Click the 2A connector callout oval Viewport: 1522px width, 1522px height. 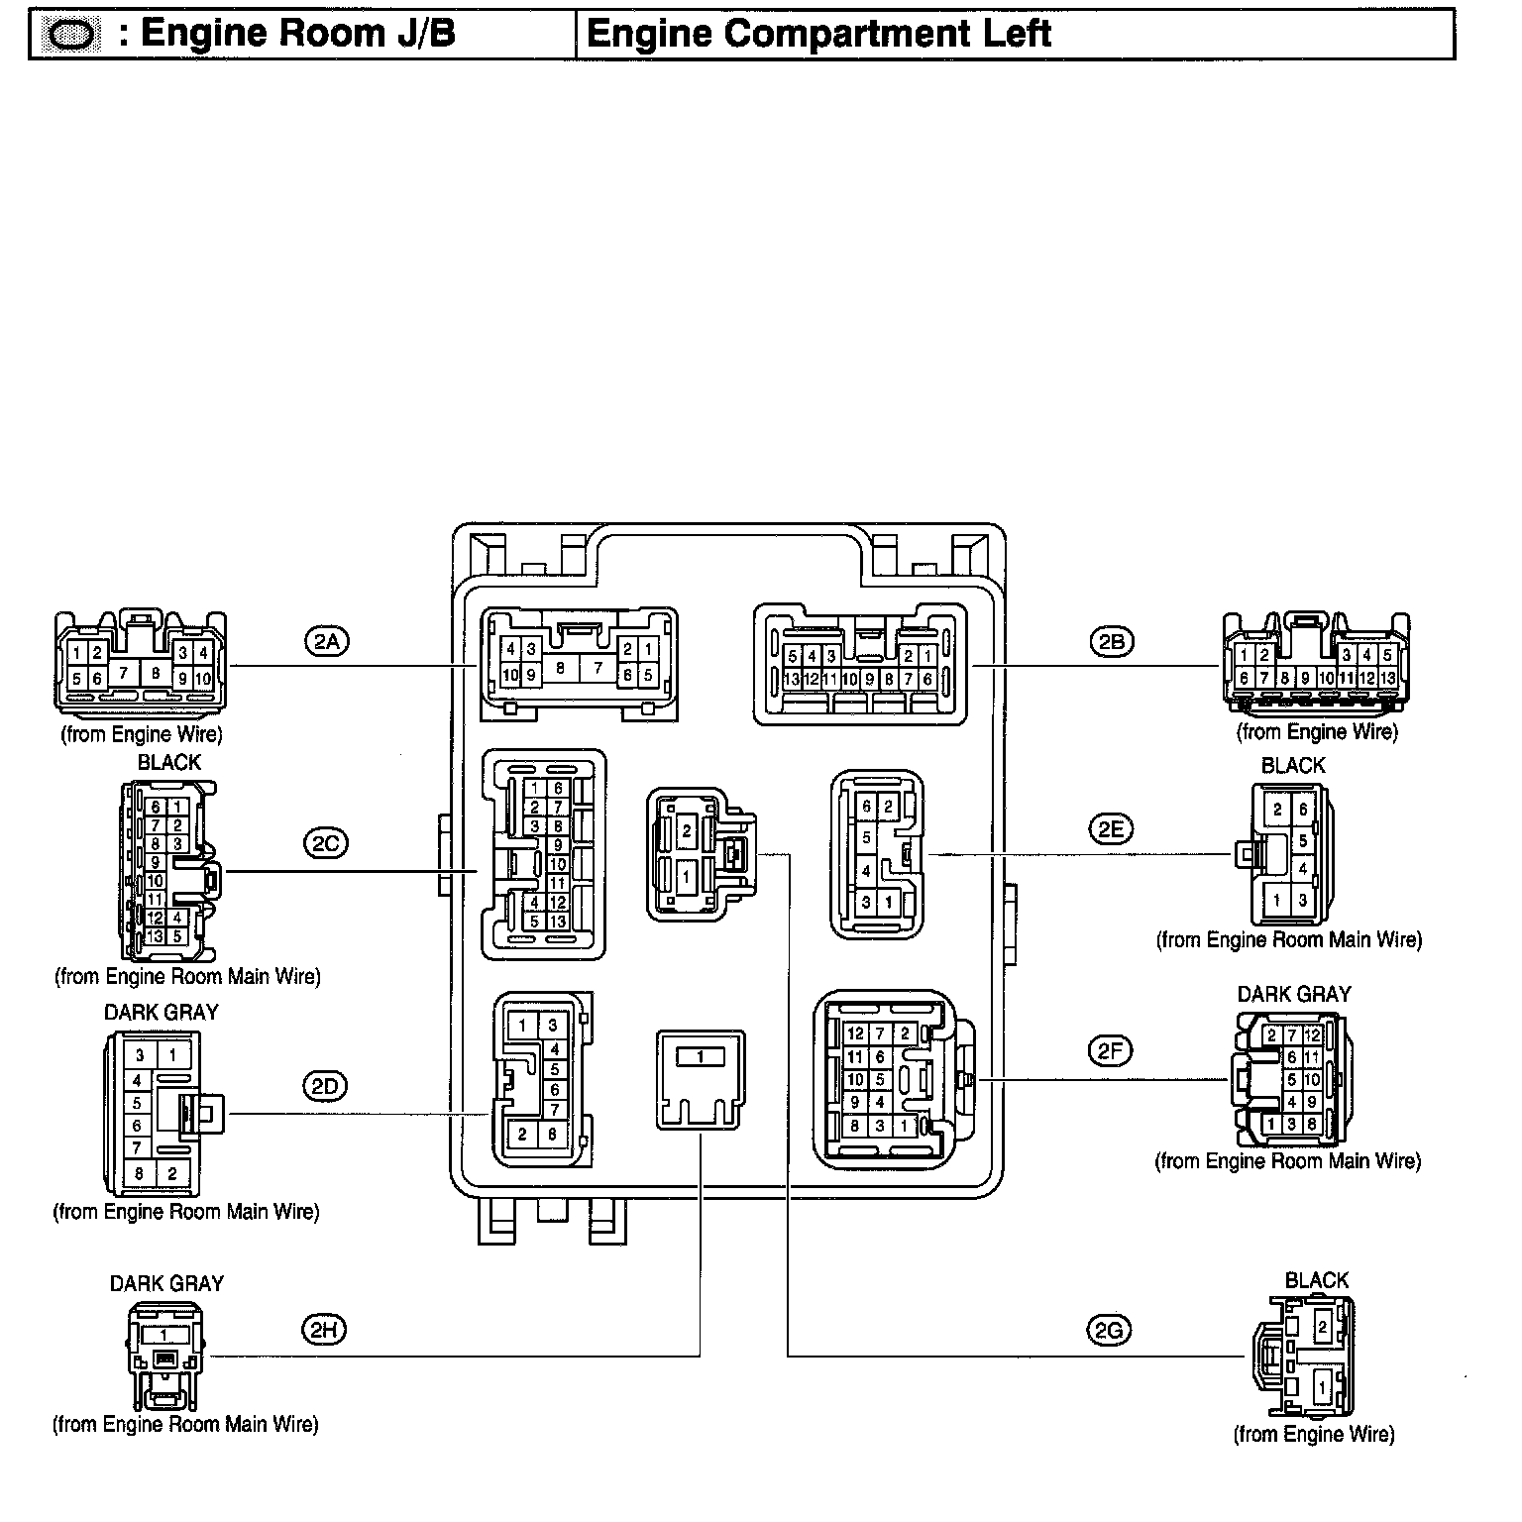325,642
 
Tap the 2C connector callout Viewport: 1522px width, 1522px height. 325,843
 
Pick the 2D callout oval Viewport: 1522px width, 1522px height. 324,1087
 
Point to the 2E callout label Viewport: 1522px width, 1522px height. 1110,829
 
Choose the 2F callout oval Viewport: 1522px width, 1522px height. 1109,1050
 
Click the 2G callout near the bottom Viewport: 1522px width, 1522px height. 1108,1331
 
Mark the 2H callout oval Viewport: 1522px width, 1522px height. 324,1331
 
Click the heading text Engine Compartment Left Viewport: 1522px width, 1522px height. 818,34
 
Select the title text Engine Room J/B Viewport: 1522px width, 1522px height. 298,34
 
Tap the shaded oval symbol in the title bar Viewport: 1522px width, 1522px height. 73,36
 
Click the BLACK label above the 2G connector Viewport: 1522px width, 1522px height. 1316,1280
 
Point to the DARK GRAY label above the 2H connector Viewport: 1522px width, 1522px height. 166,1283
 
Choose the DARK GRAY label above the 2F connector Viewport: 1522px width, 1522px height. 1293,994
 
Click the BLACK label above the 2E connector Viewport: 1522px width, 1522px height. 1292,765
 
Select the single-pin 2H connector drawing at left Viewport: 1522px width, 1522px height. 165,1355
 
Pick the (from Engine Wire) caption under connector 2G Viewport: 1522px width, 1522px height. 1313,1434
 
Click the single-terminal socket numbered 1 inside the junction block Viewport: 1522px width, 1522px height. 700,1078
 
